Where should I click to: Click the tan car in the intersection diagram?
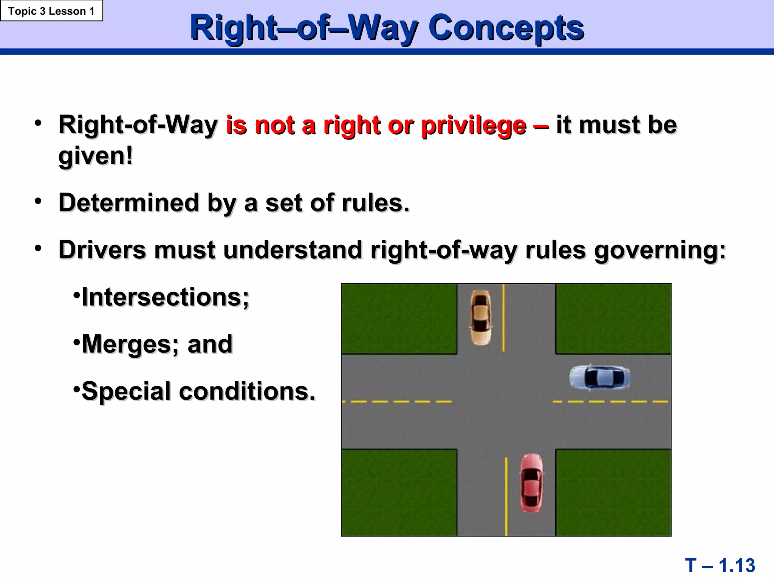click(x=480, y=318)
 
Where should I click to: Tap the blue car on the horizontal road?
click(x=600, y=377)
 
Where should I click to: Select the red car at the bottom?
click(x=531, y=483)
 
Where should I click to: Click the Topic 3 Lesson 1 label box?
click(x=51, y=11)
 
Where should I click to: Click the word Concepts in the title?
click(x=506, y=28)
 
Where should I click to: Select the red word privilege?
click(x=474, y=126)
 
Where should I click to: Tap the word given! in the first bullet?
click(x=96, y=156)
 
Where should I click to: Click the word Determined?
click(x=129, y=203)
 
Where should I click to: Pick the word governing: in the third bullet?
click(x=660, y=250)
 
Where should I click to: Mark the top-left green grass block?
click(x=399, y=318)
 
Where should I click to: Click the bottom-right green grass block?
click(x=613, y=492)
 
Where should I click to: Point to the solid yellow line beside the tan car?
click(x=503, y=318)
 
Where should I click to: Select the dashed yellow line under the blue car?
click(x=610, y=401)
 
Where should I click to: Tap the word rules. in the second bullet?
click(x=376, y=203)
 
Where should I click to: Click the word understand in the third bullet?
click(x=293, y=250)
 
